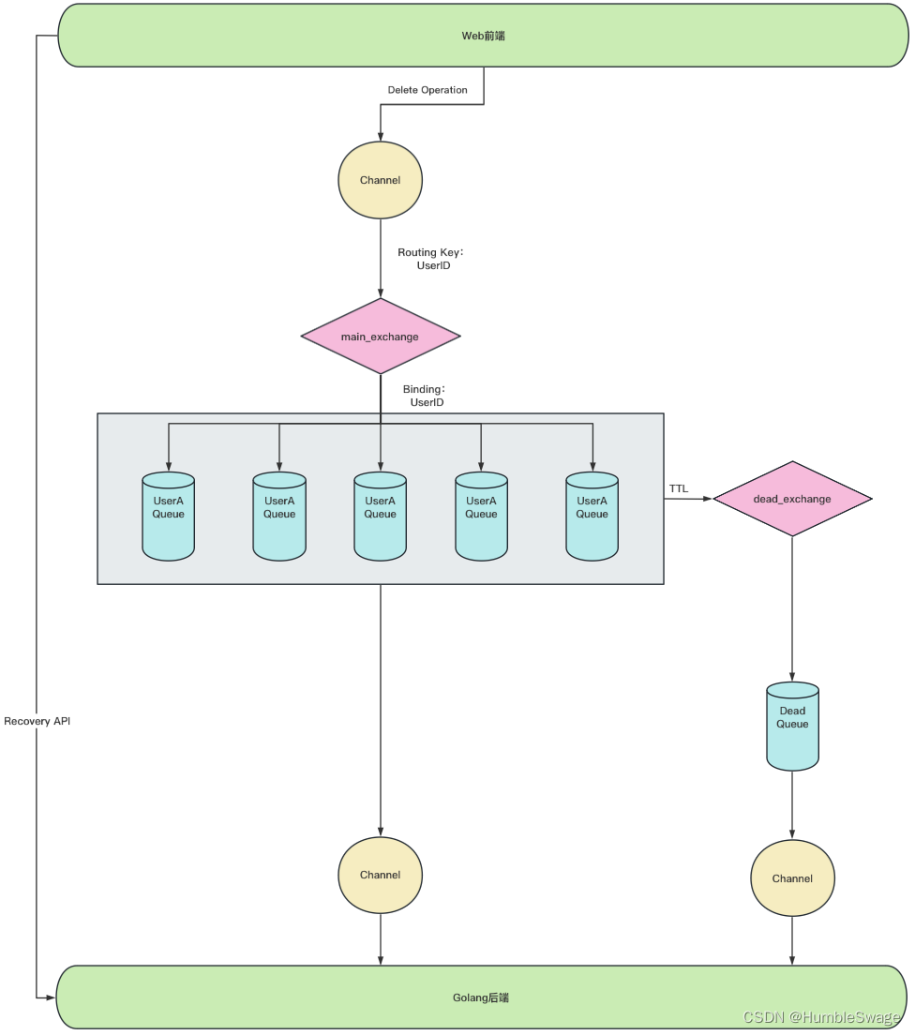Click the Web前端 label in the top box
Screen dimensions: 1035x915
point(484,36)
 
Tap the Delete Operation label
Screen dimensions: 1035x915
point(427,90)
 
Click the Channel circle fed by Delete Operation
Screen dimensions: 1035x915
point(380,180)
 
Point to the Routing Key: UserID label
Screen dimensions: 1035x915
point(430,260)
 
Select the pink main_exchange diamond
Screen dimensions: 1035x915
point(380,337)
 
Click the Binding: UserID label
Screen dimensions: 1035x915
point(424,396)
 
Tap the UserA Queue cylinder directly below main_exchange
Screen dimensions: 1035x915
point(380,516)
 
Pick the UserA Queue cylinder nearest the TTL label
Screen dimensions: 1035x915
point(592,516)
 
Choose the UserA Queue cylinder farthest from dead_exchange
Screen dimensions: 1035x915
point(169,516)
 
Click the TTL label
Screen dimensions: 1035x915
point(678,488)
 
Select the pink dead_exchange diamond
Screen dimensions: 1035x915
point(792,499)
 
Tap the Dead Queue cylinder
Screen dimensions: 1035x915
point(792,726)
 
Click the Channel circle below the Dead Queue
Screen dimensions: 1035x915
point(792,878)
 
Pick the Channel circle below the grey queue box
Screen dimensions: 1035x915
point(380,875)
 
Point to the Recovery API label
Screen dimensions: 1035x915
point(37,721)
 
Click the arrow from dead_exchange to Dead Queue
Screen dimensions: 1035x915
point(792,609)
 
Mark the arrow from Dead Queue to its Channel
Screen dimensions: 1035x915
point(792,804)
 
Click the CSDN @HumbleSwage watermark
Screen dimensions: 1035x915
point(821,1017)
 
